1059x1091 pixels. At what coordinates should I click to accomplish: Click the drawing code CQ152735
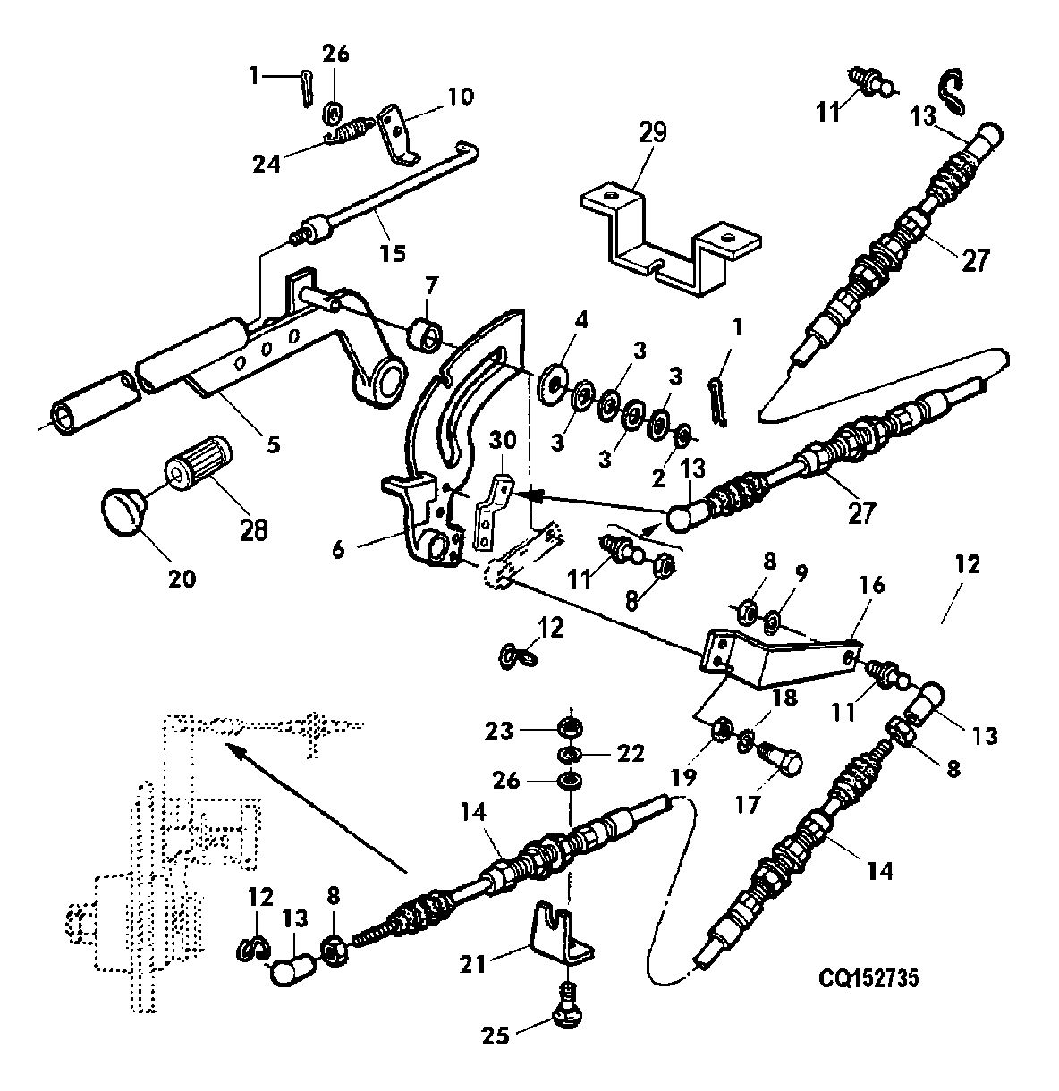[x=868, y=978]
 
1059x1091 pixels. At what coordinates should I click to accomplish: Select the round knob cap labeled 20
[x=123, y=510]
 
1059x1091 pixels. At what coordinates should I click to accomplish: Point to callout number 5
[x=273, y=444]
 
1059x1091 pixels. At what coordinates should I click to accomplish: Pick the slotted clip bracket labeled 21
[x=561, y=933]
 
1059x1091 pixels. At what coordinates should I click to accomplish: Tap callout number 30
[x=503, y=441]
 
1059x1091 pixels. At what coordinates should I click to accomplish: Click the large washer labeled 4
[x=552, y=384]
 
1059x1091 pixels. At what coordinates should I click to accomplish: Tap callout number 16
[x=872, y=585]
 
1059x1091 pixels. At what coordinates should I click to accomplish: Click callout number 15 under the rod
[x=393, y=253]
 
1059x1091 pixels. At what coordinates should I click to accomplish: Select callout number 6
[x=338, y=550]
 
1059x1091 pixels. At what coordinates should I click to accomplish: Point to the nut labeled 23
[x=570, y=728]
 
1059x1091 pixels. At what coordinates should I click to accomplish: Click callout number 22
[x=631, y=754]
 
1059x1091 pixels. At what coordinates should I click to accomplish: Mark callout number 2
[x=658, y=478]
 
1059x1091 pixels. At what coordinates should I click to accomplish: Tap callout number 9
[x=801, y=573]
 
